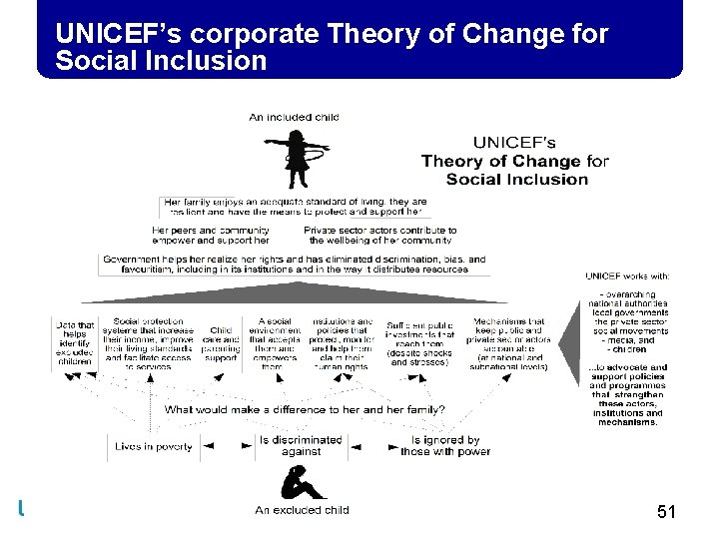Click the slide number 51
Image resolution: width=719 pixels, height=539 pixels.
(x=667, y=513)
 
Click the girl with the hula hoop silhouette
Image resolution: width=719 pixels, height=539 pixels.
(x=296, y=159)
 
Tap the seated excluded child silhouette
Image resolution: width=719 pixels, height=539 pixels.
(x=300, y=483)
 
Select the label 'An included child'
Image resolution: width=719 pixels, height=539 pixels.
(x=294, y=117)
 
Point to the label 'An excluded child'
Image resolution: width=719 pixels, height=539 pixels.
(x=302, y=510)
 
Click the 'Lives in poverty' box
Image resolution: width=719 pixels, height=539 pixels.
(x=153, y=446)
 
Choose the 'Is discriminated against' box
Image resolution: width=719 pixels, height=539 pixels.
(x=300, y=445)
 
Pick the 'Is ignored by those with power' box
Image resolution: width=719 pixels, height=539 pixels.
(x=440, y=445)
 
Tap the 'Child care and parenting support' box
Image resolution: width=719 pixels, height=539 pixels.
(x=222, y=343)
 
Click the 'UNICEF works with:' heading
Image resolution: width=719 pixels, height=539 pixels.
(x=626, y=276)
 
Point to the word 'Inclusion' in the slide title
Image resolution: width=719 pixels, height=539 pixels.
(x=215, y=61)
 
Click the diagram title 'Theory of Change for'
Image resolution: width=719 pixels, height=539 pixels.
(x=514, y=162)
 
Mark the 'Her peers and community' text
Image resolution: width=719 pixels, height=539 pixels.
(x=211, y=231)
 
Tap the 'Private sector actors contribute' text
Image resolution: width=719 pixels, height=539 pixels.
(x=379, y=231)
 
